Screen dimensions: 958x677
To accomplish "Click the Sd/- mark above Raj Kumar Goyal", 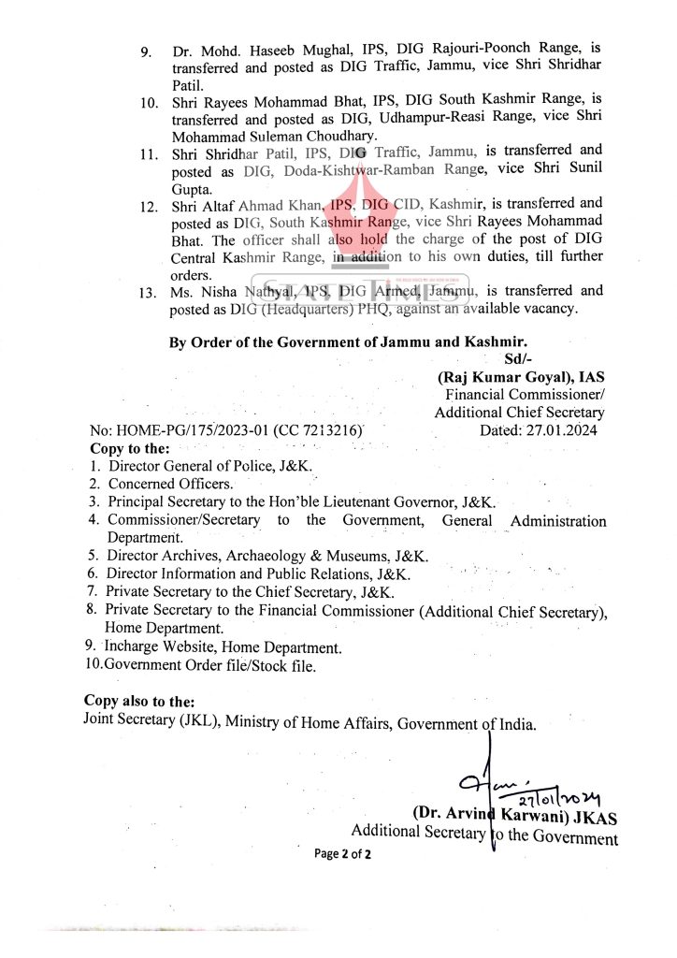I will pos(516,359).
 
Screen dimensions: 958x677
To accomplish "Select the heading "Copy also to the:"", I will pos(139,701).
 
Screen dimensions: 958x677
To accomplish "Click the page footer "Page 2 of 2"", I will pos(342,853).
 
